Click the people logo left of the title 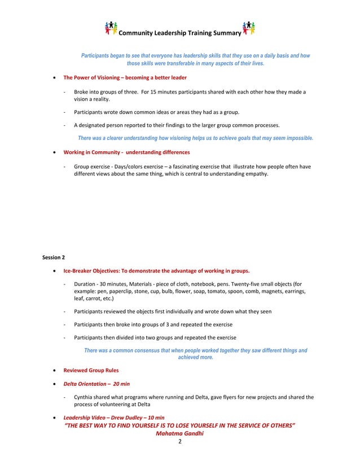point(112,28)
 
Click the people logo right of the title point(248,28)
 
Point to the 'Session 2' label point(54,257)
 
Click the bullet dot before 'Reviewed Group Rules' point(54,371)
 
